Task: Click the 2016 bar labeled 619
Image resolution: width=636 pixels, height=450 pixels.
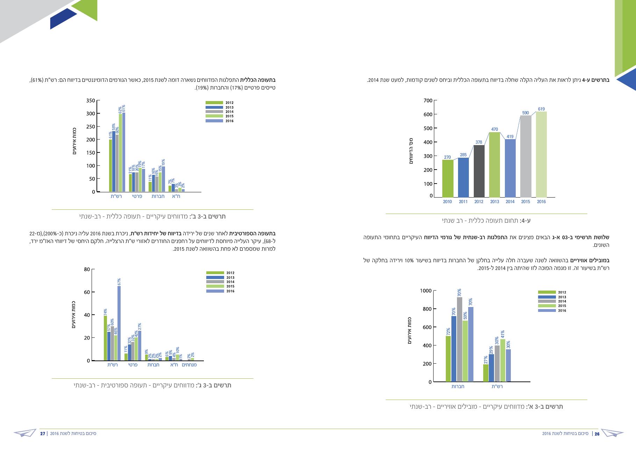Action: pyautogui.click(x=541, y=155)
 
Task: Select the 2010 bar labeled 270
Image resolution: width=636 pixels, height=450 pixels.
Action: pyautogui.click(x=448, y=179)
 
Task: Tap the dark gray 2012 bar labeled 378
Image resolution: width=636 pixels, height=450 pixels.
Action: pyautogui.click(x=479, y=171)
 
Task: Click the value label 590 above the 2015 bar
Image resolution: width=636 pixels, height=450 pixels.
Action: pyautogui.click(x=526, y=113)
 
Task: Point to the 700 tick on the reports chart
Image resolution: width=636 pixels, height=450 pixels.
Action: pyautogui.click(x=428, y=101)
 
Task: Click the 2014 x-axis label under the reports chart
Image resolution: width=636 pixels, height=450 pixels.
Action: pyautogui.click(x=510, y=202)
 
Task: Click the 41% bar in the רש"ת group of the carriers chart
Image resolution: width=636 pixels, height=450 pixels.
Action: pyautogui.click(x=503, y=360)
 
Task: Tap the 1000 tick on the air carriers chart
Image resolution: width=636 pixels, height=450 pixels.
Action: pyautogui.click(x=426, y=291)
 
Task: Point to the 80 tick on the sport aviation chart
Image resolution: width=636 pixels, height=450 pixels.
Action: pyautogui.click(x=87, y=269)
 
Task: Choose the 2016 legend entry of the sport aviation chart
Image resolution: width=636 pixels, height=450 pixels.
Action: pyautogui.click(x=220, y=291)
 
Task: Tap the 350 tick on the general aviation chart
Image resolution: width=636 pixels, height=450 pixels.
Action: pyautogui.click(x=90, y=101)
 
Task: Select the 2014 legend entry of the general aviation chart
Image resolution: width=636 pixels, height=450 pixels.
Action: pyautogui.click(x=219, y=112)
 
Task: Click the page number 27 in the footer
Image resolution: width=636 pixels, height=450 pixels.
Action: pyautogui.click(x=43, y=434)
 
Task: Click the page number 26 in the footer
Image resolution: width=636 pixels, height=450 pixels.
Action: pyautogui.click(x=597, y=434)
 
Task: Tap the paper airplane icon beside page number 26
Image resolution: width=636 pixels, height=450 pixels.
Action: pyautogui.click(x=613, y=433)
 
